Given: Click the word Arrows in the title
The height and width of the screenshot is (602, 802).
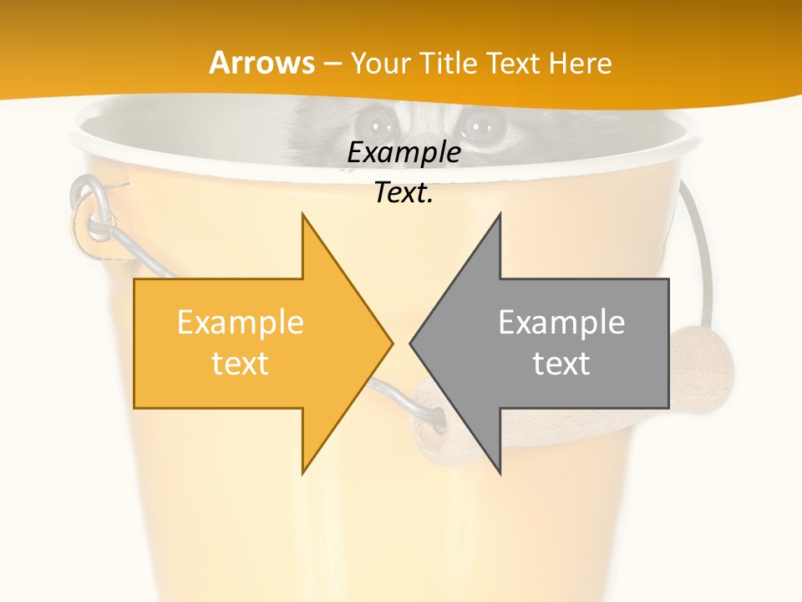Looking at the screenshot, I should [x=261, y=63].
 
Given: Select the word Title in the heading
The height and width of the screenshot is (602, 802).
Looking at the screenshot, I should [x=454, y=64].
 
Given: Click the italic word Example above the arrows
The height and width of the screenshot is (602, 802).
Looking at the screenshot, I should [x=404, y=153].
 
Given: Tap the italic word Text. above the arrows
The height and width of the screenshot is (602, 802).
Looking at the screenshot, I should [x=404, y=192].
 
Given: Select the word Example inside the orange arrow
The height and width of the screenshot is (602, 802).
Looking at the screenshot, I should [x=240, y=323].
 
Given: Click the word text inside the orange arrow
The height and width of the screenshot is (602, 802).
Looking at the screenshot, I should [x=240, y=363].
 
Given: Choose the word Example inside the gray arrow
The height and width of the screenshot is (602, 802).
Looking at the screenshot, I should [x=561, y=323].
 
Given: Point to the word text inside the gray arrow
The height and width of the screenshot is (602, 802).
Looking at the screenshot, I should [x=561, y=363].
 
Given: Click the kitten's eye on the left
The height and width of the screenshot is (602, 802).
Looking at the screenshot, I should [x=383, y=126].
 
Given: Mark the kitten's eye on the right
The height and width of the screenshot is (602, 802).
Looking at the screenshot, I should [x=480, y=126].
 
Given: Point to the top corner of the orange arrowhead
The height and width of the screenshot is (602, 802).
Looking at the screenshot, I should [x=302, y=216].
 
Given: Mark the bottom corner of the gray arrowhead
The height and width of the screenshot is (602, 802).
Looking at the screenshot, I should [x=500, y=472].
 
